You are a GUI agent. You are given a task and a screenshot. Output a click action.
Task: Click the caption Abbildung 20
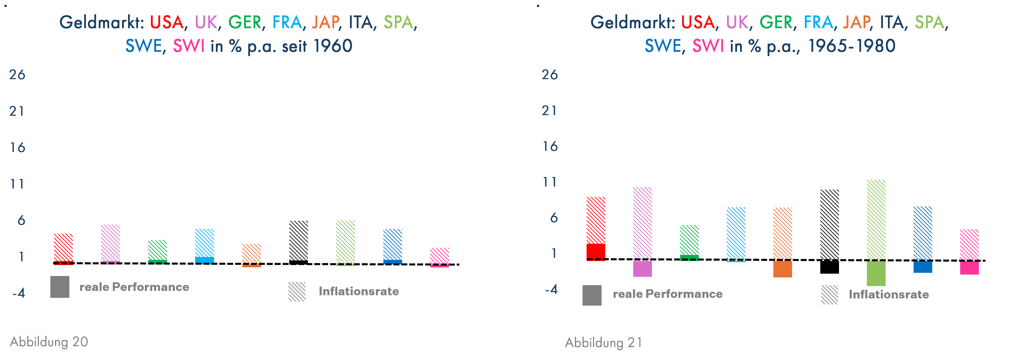tap(49, 342)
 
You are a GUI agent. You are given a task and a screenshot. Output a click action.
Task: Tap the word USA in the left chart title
tap(166, 22)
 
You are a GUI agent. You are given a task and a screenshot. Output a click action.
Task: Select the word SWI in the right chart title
tap(708, 46)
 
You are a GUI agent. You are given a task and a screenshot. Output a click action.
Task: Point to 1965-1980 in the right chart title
tap(851, 46)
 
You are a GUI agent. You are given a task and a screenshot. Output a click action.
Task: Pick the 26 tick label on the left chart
tap(17, 75)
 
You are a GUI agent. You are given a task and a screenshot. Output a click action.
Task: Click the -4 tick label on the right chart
tap(551, 289)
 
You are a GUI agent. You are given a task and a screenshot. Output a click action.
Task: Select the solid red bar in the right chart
tap(596, 252)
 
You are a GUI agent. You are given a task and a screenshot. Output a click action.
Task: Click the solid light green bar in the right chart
tap(876, 273)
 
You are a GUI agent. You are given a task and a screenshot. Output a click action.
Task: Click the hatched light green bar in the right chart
tap(876, 219)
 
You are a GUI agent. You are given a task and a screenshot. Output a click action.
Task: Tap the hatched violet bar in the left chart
tap(110, 243)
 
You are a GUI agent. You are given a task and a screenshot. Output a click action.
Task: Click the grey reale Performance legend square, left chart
tap(60, 287)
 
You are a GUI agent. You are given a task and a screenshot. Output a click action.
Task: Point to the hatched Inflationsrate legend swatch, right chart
tap(829, 295)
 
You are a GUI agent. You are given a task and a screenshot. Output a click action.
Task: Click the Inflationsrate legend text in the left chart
tap(359, 292)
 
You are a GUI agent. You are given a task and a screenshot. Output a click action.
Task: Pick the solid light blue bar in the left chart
tap(205, 260)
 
